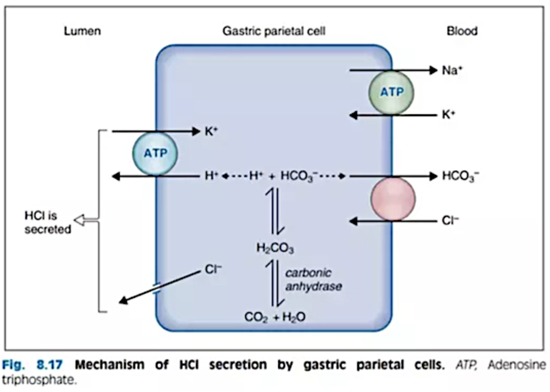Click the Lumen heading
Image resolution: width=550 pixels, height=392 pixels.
point(82,31)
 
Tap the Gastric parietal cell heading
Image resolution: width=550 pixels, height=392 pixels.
point(274,31)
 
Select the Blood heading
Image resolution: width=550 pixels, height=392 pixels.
point(462,31)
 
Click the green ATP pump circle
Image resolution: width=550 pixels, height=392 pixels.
point(391,92)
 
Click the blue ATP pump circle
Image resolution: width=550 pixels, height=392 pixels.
point(155,153)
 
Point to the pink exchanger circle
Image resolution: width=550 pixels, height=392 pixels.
point(393,199)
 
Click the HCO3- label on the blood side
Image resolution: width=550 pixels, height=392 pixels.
point(460,176)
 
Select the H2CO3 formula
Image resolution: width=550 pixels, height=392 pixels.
point(276,248)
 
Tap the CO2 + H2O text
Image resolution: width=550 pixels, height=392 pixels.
point(275,317)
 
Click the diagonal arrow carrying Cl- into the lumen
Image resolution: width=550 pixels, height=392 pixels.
point(161,287)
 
